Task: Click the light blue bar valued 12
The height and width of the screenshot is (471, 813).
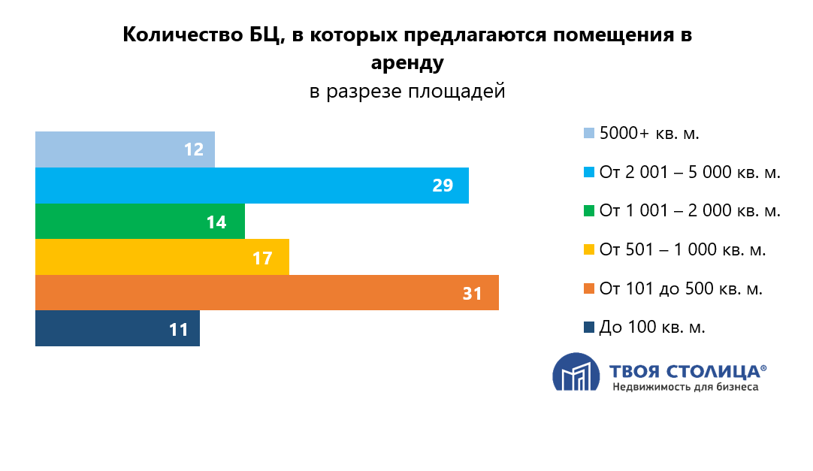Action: click(125, 149)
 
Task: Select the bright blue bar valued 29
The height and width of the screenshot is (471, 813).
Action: click(252, 186)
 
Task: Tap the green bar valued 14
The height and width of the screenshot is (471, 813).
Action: click(140, 222)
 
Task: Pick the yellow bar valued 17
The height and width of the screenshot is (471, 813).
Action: click(162, 258)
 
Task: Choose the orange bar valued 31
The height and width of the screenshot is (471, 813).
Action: click(267, 293)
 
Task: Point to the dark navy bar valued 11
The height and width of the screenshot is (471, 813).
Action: click(117, 329)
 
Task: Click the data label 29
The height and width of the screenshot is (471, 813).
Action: click(443, 186)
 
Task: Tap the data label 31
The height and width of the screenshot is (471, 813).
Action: click(472, 294)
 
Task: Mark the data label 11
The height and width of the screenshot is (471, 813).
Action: click(178, 330)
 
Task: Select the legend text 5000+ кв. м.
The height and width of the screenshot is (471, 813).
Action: click(649, 134)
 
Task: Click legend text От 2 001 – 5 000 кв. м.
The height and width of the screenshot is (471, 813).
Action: click(690, 173)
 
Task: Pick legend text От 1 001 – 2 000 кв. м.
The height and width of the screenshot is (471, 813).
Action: click(690, 211)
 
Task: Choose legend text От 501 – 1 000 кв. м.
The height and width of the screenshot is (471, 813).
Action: click(682, 250)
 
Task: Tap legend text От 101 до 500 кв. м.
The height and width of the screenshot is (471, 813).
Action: click(681, 288)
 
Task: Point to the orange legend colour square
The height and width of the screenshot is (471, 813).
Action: click(589, 288)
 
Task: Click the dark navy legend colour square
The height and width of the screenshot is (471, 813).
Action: click(589, 328)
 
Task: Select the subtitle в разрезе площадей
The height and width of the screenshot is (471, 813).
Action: click(407, 92)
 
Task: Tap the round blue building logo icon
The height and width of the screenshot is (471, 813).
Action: click(576, 373)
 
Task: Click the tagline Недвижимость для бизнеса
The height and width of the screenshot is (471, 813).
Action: click(685, 388)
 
